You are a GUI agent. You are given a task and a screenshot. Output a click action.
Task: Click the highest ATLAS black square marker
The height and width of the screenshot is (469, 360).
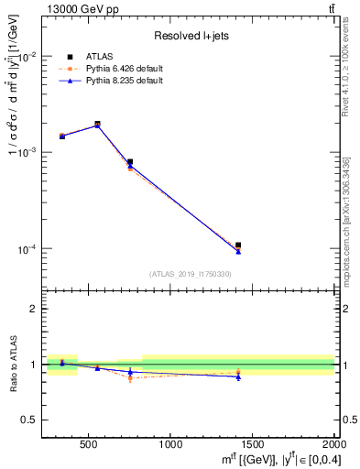pyautogui.click(x=97, y=125)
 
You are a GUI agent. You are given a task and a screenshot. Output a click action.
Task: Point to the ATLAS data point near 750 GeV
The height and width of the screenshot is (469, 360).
pyautogui.click(x=130, y=162)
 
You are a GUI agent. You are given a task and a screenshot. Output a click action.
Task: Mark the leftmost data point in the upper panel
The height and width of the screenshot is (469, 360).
pyautogui.click(x=62, y=136)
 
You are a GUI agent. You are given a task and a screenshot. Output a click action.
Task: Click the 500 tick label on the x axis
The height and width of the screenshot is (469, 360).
pyautogui.click(x=89, y=444)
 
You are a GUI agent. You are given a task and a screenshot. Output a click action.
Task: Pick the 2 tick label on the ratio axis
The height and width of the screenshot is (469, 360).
pyautogui.click(x=35, y=309)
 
